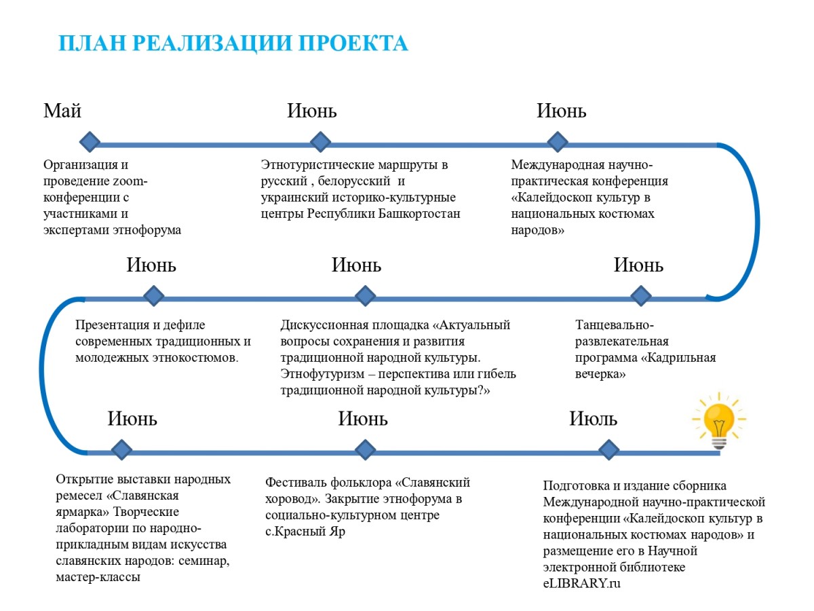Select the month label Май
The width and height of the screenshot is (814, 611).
click(x=62, y=111)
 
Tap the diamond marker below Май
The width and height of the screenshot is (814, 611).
click(x=89, y=142)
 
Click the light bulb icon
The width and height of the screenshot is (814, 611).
click(x=717, y=421)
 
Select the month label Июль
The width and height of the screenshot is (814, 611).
click(x=594, y=419)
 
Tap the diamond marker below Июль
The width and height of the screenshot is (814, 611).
click(x=608, y=449)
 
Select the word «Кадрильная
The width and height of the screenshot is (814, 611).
click(x=678, y=358)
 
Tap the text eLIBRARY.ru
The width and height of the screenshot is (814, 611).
click(x=582, y=583)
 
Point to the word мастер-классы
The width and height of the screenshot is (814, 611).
click(x=98, y=577)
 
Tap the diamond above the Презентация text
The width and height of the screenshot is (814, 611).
click(x=154, y=295)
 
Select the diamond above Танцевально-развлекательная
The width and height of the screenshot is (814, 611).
click(x=640, y=295)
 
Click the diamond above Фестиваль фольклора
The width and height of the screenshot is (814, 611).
click(x=365, y=449)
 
